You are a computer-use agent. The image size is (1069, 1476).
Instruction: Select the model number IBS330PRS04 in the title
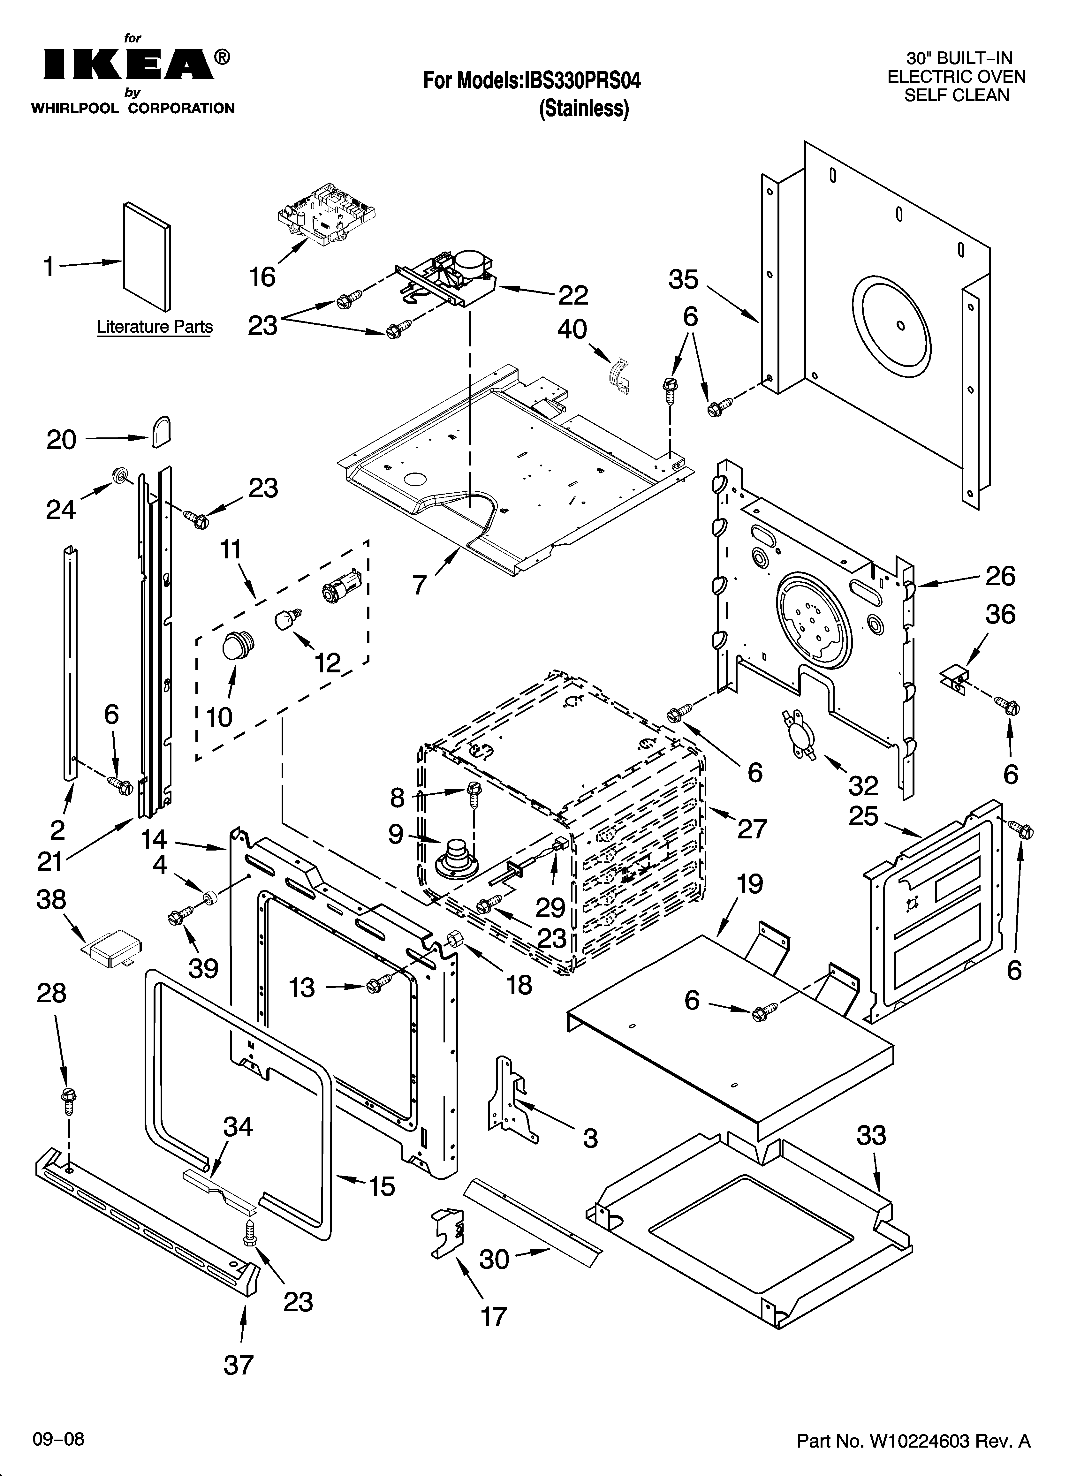point(581,81)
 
